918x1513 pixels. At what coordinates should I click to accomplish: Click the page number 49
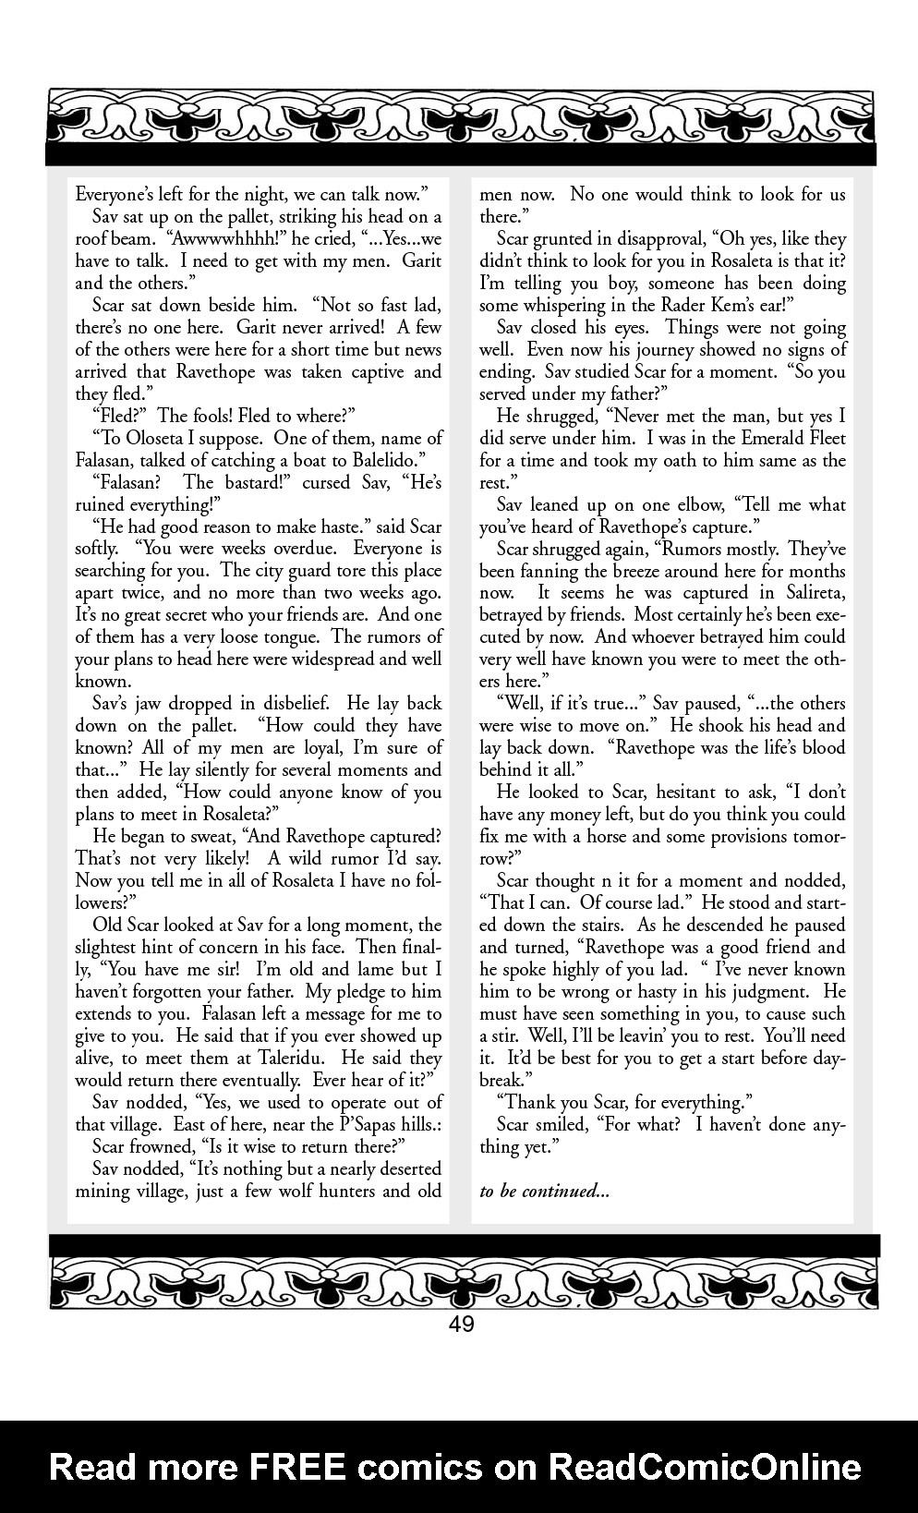point(461,1325)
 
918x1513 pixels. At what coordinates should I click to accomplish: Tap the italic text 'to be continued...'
point(544,1192)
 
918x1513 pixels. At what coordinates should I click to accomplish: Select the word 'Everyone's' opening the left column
point(117,195)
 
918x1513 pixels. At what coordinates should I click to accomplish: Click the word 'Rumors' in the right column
point(640,550)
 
